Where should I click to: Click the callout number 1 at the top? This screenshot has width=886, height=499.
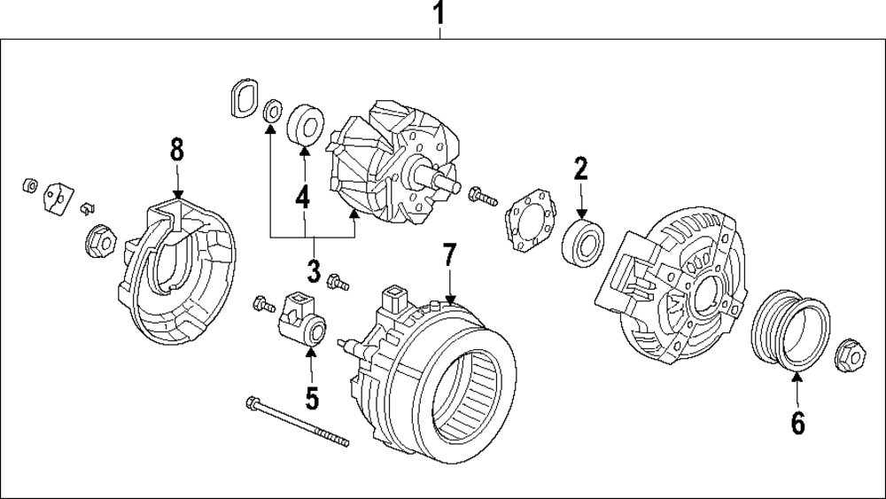[440, 14]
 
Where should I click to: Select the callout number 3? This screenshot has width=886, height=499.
[312, 268]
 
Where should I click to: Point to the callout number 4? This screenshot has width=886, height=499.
[303, 197]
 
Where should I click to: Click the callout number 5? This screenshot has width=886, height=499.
[312, 397]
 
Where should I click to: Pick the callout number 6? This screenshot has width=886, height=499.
[797, 424]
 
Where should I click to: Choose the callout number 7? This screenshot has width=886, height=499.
[449, 257]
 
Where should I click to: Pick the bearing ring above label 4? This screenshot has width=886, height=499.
[305, 123]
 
